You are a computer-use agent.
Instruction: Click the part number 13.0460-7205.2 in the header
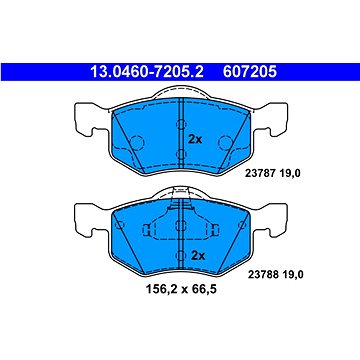coord(134,70)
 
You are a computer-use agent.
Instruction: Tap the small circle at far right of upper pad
coord(256,123)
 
